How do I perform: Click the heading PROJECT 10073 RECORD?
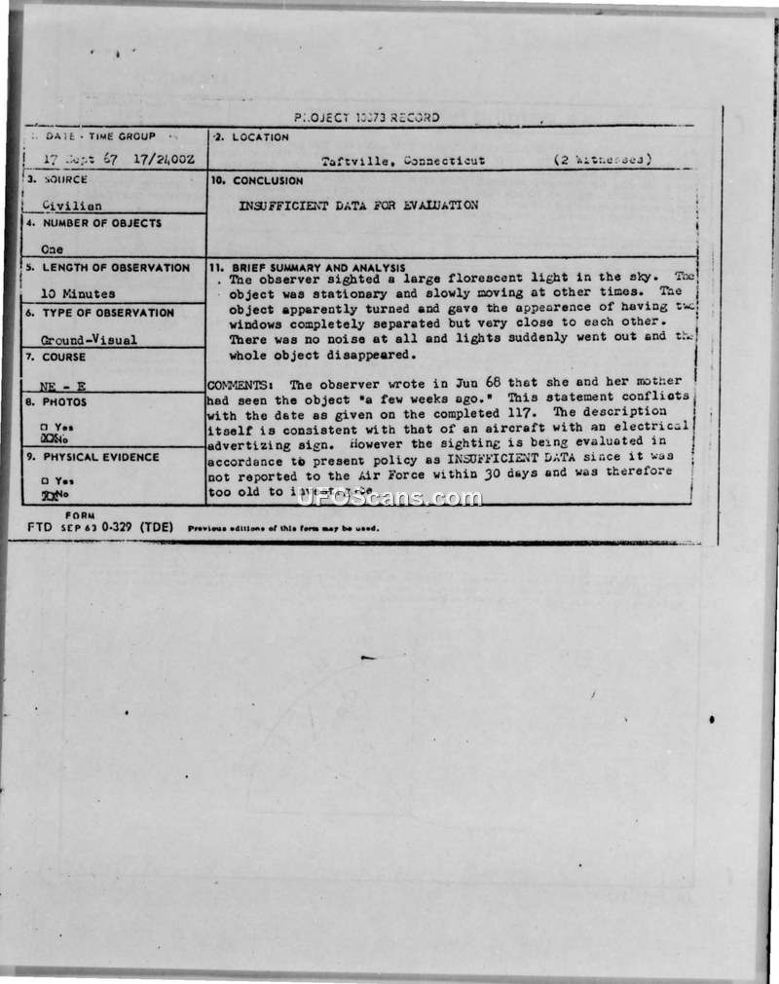click(366, 117)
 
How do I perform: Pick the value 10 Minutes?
click(78, 293)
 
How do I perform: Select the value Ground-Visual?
click(89, 340)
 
